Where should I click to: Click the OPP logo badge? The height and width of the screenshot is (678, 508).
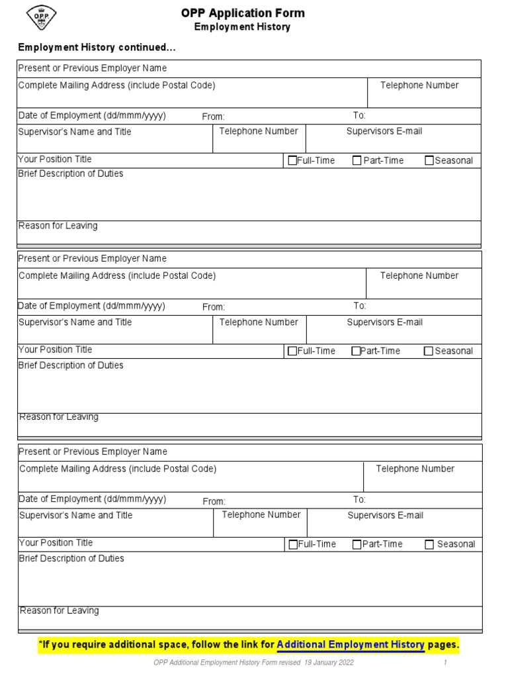40,17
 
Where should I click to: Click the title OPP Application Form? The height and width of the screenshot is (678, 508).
243,13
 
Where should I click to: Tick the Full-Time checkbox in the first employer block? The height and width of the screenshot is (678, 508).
292,160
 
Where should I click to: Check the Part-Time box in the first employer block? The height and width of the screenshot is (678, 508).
357,160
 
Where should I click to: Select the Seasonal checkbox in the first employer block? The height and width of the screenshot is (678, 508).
429,160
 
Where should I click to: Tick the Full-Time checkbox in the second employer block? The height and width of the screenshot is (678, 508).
292,351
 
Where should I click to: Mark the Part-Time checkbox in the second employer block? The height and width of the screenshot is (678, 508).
356,351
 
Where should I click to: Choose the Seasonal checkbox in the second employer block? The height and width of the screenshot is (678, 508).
429,351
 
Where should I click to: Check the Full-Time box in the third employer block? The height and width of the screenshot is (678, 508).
293,544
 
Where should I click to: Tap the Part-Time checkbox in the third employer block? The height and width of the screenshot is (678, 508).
357,544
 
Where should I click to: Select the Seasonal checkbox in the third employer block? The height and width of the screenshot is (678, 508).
429,544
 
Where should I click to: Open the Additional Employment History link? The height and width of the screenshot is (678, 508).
351,644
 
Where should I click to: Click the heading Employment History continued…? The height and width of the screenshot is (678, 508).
97,48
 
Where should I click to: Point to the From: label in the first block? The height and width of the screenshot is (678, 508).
214,117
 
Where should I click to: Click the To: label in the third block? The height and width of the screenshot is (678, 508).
359,499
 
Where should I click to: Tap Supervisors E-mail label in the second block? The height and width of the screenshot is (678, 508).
384,322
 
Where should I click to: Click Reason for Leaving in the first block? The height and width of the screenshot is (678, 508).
58,226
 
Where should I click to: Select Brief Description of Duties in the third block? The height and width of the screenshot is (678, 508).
71,558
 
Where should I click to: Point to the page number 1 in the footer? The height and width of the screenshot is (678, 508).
446,663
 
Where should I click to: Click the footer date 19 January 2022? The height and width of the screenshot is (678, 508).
329,663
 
